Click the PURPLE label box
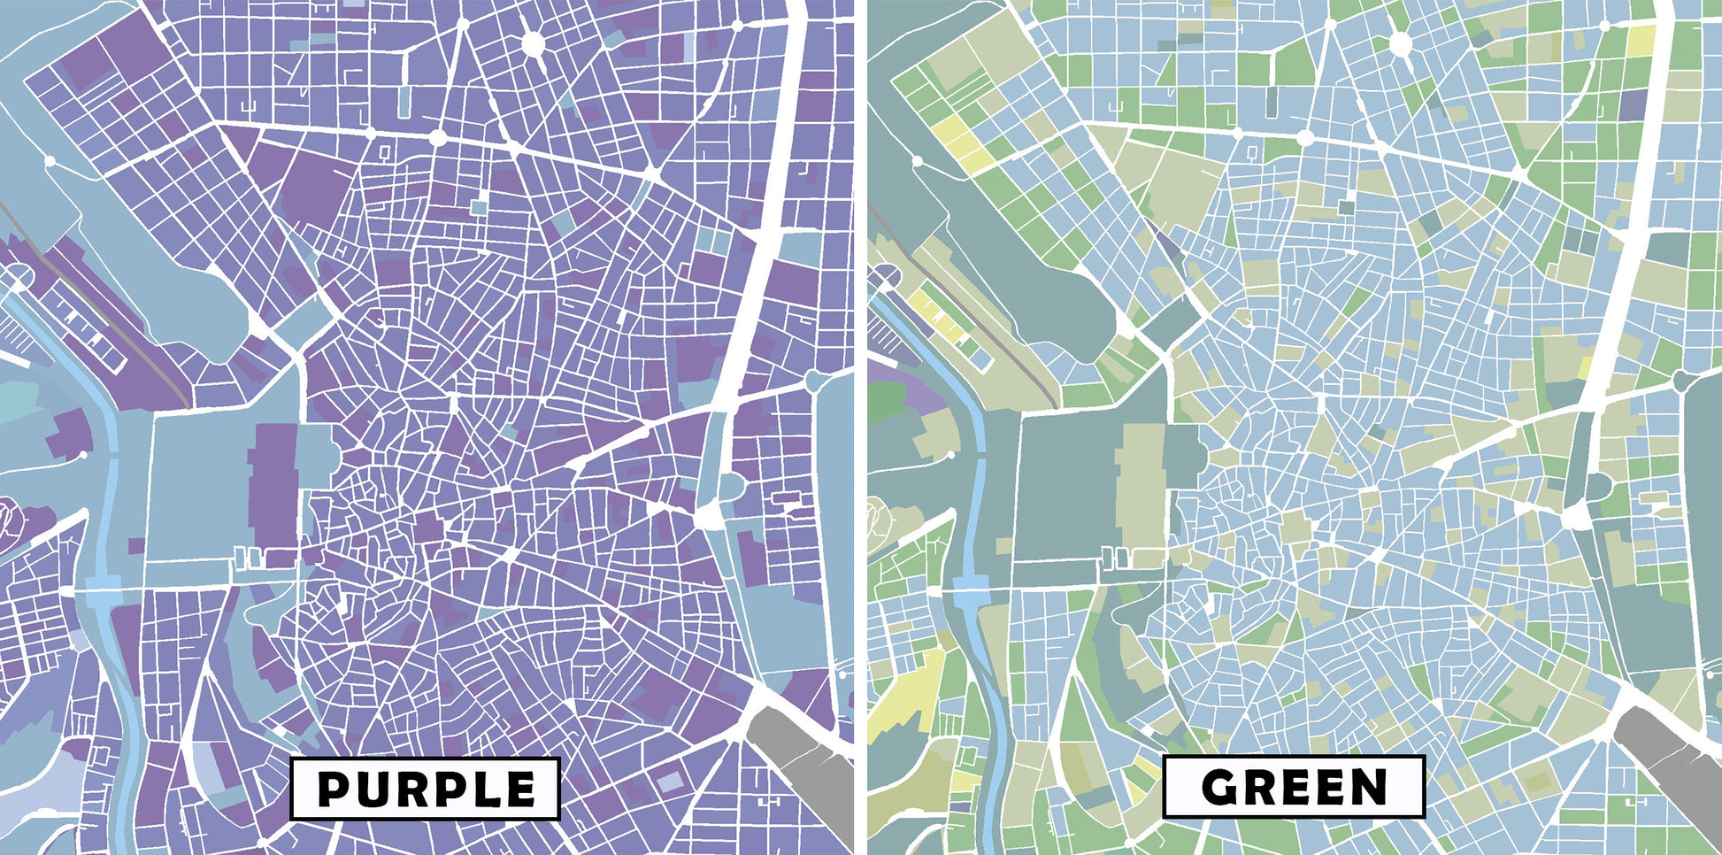pos(426,788)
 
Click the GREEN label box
pos(1293,786)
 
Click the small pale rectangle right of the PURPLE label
pos(671,781)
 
